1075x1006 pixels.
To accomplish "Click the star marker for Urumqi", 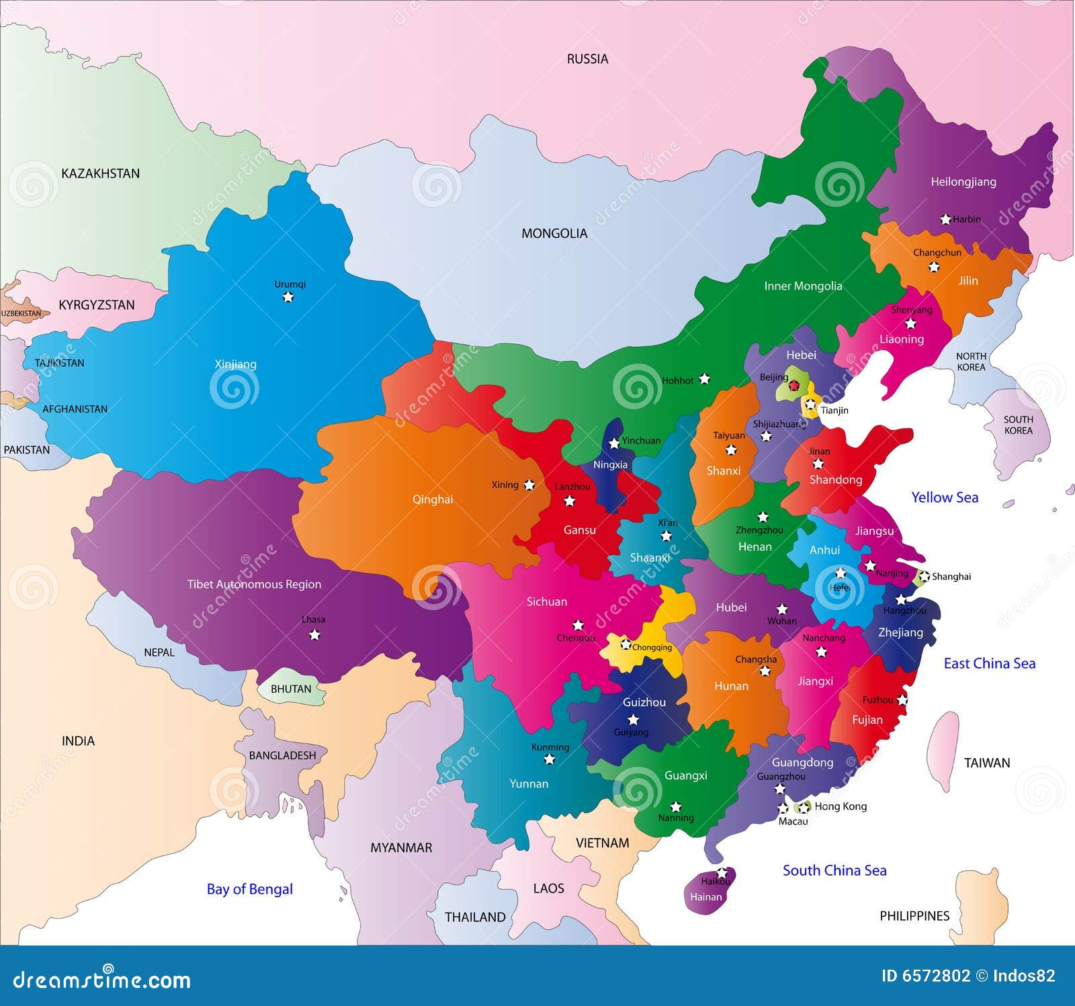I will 288,297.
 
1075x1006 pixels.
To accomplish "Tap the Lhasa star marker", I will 314,635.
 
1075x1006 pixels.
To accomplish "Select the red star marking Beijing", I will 794,385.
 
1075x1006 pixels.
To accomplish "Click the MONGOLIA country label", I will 554,234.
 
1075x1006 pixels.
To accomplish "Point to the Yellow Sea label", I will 944,497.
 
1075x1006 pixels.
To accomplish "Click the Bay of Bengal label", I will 249,889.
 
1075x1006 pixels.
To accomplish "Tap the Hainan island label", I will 705,897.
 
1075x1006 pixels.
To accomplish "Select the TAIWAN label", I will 986,763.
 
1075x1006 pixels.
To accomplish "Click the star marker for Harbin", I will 945,219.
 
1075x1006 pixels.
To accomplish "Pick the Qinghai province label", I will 432,499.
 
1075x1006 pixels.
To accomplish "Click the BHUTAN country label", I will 291,689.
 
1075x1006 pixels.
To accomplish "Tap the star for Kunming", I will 549,759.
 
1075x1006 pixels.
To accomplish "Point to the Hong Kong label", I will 840,806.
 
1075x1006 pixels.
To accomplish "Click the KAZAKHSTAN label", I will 100,173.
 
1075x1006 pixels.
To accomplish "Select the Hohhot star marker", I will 704,379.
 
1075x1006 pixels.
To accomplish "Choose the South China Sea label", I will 834,870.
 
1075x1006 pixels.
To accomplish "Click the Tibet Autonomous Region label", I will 254,585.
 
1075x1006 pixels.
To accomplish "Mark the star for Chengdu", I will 578,625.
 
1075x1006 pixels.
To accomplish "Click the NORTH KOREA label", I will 971,362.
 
